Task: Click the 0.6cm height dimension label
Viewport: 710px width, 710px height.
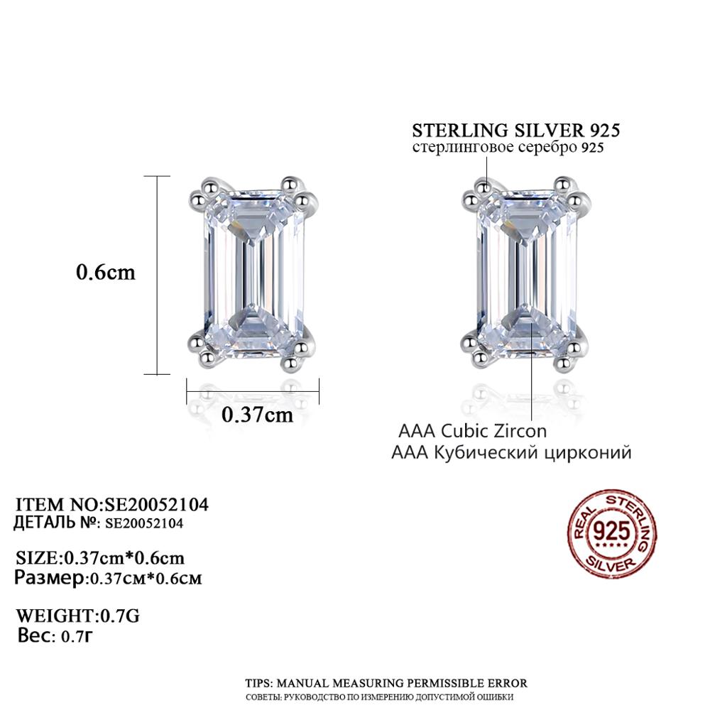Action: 106,273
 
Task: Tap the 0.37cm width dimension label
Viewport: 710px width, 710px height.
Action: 257,415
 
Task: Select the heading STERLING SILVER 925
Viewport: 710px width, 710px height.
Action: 515,131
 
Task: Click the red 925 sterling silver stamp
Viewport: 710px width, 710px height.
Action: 612,534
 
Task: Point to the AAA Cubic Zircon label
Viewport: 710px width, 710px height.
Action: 472,431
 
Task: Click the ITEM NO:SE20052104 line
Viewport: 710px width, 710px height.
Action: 112,504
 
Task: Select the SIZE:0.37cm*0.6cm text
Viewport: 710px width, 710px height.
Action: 100,557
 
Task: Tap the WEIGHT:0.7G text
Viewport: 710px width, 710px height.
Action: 78,616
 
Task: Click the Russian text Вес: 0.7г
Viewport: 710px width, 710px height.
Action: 55,636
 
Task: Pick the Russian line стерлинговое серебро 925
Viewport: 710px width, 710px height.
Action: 508,148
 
